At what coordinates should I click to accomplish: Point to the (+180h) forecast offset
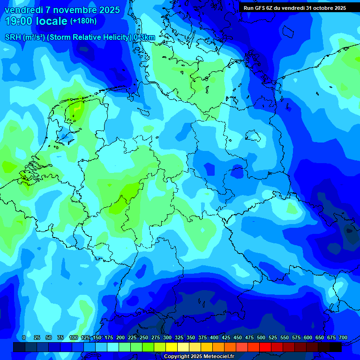pos(83,21)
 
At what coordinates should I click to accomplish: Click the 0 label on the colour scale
pos(24,337)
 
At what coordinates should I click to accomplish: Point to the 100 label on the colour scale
pos(74,337)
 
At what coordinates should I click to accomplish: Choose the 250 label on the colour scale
pos(144,337)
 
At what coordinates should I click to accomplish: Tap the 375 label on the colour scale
pos(202,337)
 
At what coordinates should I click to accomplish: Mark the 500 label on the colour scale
pos(261,337)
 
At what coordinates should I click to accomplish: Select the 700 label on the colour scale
pos(343,337)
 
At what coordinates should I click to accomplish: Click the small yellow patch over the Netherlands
pos(77,109)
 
